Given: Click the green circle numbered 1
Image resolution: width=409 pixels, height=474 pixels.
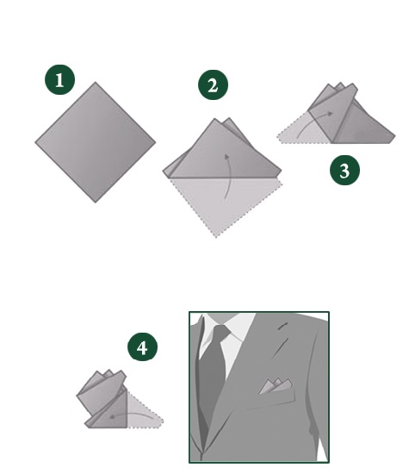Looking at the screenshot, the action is click(59, 79).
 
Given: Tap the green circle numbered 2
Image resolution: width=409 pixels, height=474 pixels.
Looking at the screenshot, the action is click(213, 85).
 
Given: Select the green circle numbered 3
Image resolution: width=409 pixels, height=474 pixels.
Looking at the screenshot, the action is click(344, 170).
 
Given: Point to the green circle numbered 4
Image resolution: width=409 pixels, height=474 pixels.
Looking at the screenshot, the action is click(142, 346).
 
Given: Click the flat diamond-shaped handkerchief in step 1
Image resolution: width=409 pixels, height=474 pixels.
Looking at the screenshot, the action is click(96, 142).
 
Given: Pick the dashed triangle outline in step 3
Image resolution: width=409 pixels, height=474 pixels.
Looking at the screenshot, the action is click(302, 131).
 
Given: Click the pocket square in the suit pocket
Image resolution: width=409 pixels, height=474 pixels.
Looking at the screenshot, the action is click(276, 386).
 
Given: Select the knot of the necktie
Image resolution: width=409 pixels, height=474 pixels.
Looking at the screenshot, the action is click(221, 332).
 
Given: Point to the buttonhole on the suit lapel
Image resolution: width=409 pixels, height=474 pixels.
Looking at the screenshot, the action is click(282, 326).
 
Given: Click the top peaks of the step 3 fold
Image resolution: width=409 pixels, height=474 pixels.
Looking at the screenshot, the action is click(341, 88).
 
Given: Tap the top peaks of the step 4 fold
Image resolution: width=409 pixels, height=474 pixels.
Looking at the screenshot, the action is click(109, 375).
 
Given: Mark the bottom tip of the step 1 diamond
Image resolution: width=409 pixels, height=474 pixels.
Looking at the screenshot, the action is click(96, 203).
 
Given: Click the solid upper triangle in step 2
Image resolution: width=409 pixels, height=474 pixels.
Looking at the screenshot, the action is click(222, 150).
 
